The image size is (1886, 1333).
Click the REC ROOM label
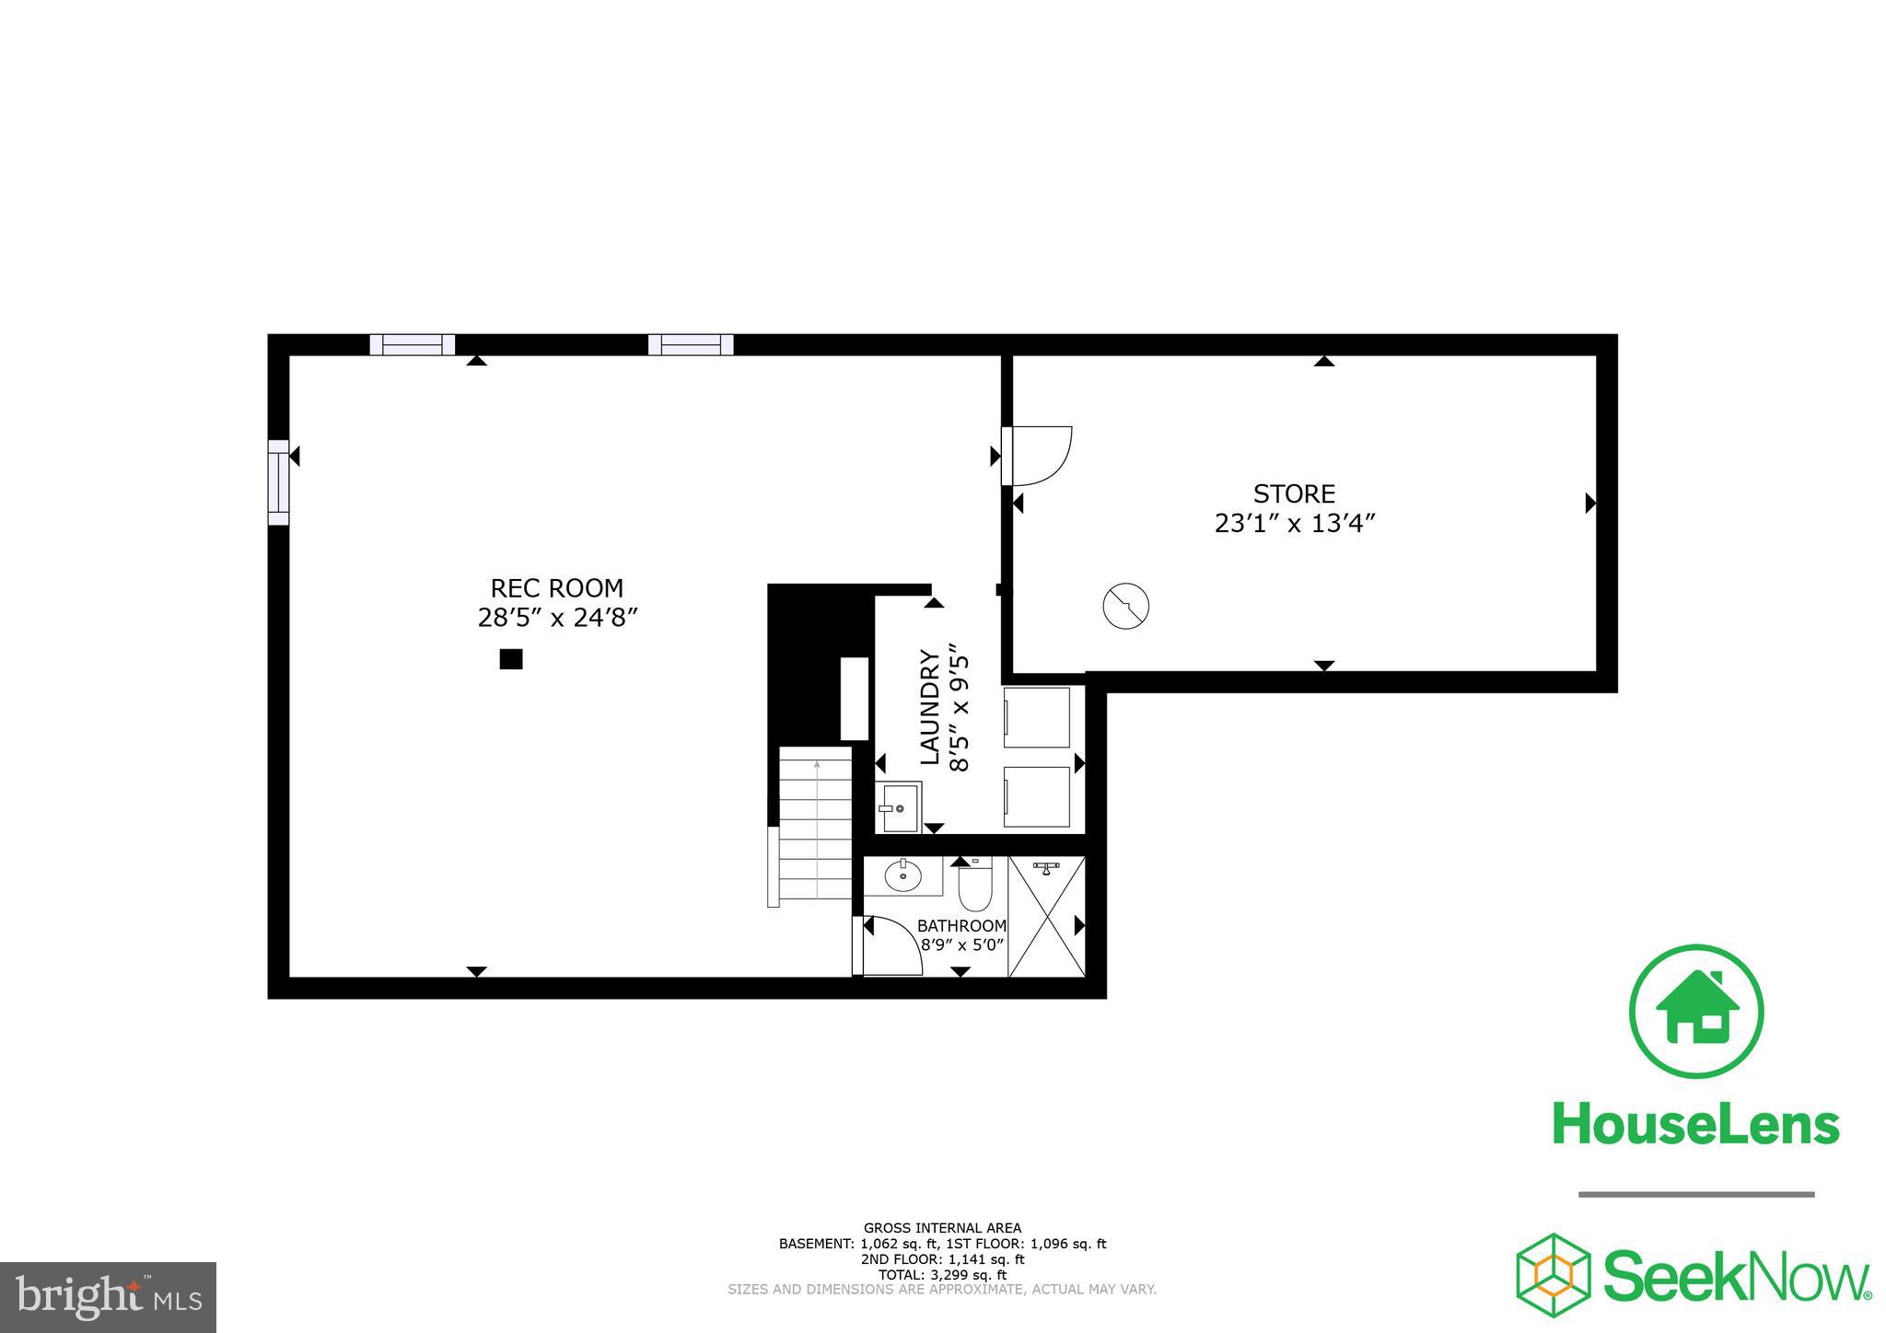click(x=556, y=588)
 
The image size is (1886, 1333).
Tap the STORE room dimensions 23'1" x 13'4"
click(x=1294, y=524)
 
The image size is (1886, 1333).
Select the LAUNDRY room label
click(x=931, y=707)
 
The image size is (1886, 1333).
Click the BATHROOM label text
click(x=961, y=926)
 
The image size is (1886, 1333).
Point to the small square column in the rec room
click(x=511, y=659)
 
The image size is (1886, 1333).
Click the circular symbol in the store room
click(x=1125, y=606)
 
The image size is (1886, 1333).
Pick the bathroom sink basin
click(x=902, y=876)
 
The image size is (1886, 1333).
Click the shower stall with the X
click(x=1047, y=916)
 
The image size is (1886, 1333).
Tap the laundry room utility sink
click(x=900, y=807)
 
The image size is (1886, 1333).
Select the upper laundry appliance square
click(x=1037, y=717)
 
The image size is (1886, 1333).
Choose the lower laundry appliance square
click(x=1037, y=796)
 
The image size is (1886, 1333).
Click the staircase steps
click(x=816, y=823)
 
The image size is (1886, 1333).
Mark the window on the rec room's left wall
click(x=278, y=482)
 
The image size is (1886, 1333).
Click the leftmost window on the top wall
click(x=412, y=345)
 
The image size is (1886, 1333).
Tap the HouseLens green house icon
click(x=1696, y=1010)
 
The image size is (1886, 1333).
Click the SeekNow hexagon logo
click(x=1554, y=1275)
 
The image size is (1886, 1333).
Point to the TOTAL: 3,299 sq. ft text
click(x=942, y=1275)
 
